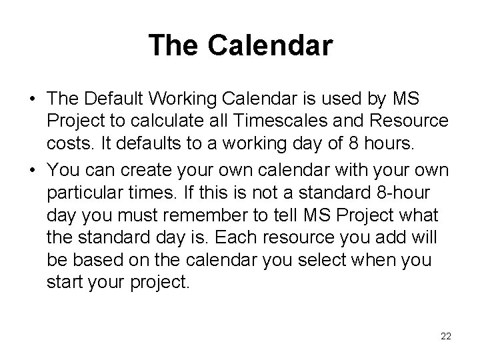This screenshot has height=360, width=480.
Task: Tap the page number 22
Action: click(446, 337)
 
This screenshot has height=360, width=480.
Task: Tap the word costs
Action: click(67, 143)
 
